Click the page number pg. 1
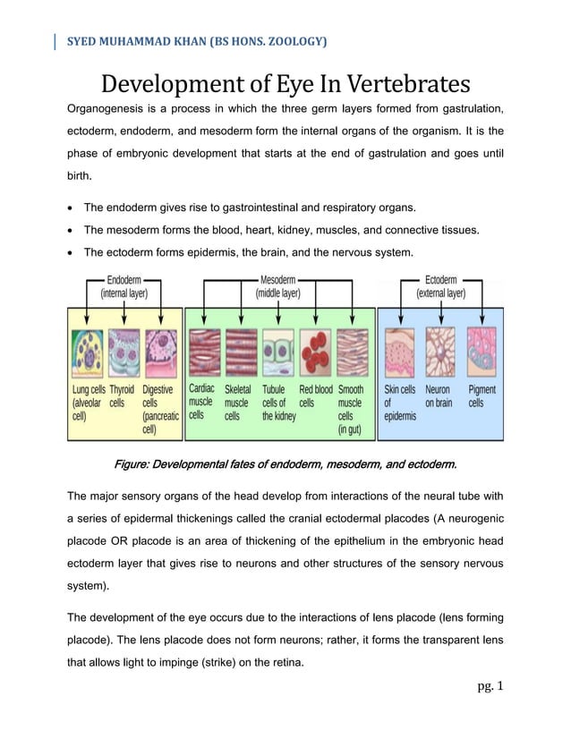(x=490, y=687)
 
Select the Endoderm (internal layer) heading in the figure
(x=124, y=285)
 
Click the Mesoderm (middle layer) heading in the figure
(x=278, y=285)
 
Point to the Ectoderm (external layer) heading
(x=440, y=285)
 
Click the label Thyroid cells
(x=122, y=396)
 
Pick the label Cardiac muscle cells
(x=201, y=402)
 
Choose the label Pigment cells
(x=482, y=396)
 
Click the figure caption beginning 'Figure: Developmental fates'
(x=285, y=464)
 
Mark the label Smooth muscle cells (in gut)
(x=351, y=409)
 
